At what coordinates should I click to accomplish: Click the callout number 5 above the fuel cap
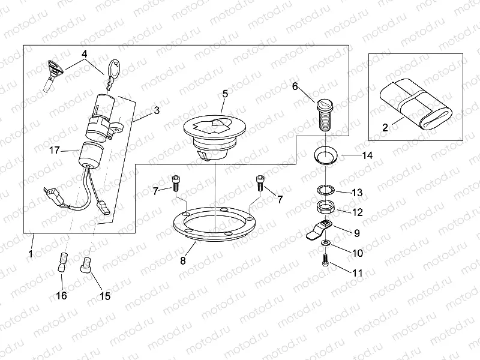point(225,94)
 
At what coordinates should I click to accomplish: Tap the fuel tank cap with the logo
point(214,131)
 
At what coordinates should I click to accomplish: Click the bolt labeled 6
point(324,115)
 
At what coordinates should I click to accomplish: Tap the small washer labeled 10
point(325,242)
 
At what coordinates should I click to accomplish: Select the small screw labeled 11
point(325,260)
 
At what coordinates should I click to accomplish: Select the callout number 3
point(156,110)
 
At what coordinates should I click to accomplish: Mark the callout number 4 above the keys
point(85,53)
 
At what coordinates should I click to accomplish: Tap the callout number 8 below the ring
point(183,261)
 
